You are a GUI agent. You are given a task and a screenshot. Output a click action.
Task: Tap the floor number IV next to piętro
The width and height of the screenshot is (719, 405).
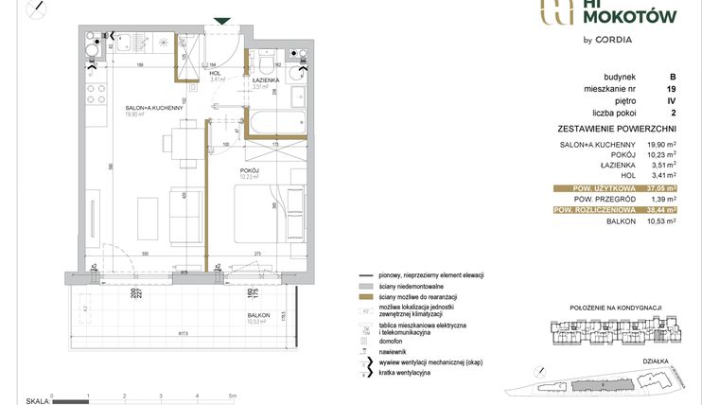(x=671, y=100)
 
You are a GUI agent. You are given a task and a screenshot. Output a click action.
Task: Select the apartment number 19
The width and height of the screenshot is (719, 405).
(x=671, y=89)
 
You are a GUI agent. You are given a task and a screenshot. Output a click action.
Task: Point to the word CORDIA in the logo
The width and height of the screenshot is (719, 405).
(x=614, y=40)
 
